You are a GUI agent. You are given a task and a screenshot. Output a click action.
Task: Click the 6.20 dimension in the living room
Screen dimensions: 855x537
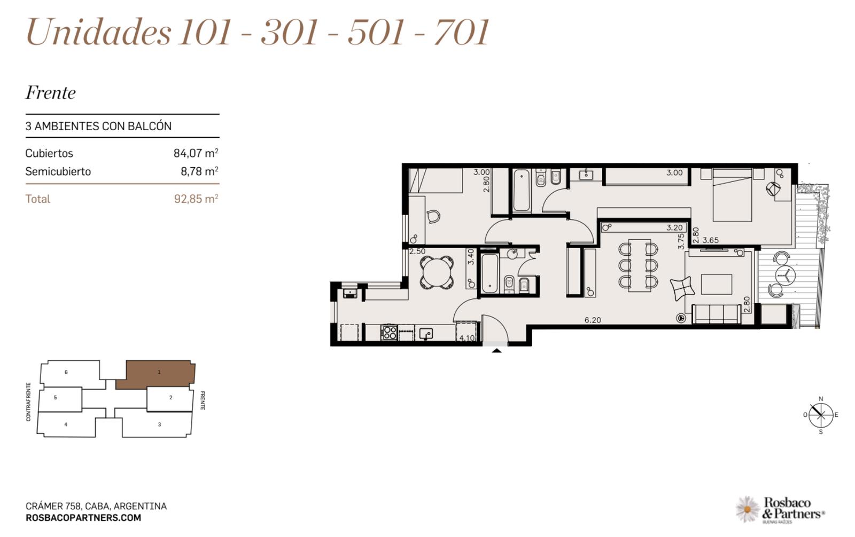click(x=593, y=320)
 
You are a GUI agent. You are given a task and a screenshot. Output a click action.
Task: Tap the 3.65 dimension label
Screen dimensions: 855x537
click(x=710, y=240)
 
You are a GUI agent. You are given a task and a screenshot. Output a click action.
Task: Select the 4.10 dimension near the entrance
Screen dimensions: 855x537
click(x=467, y=338)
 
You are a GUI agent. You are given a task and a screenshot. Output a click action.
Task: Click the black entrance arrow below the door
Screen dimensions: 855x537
click(x=496, y=351)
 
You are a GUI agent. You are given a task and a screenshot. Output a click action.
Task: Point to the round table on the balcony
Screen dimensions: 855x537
click(x=786, y=274)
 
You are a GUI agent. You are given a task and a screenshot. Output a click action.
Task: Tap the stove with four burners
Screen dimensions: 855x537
click(x=390, y=332)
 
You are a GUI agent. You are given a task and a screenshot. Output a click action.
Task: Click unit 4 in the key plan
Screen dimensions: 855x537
click(x=66, y=424)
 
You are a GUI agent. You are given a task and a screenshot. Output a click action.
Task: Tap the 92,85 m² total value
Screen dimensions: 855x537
click(x=196, y=199)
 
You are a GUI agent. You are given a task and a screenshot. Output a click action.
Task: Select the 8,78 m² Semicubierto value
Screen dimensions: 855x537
click(x=199, y=171)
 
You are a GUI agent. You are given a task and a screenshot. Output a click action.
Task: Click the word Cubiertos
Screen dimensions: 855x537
click(x=49, y=153)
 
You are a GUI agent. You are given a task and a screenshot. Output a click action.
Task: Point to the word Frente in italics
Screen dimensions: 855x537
click(x=50, y=93)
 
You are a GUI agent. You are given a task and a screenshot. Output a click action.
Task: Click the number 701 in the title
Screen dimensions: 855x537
click(x=462, y=32)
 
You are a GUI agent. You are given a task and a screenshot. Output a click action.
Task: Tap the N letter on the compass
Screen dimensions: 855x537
click(x=821, y=399)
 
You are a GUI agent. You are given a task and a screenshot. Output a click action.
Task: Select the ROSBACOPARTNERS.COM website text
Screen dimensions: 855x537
click(x=83, y=518)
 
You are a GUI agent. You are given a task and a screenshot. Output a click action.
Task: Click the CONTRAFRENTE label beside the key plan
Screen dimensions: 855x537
click(x=28, y=402)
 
